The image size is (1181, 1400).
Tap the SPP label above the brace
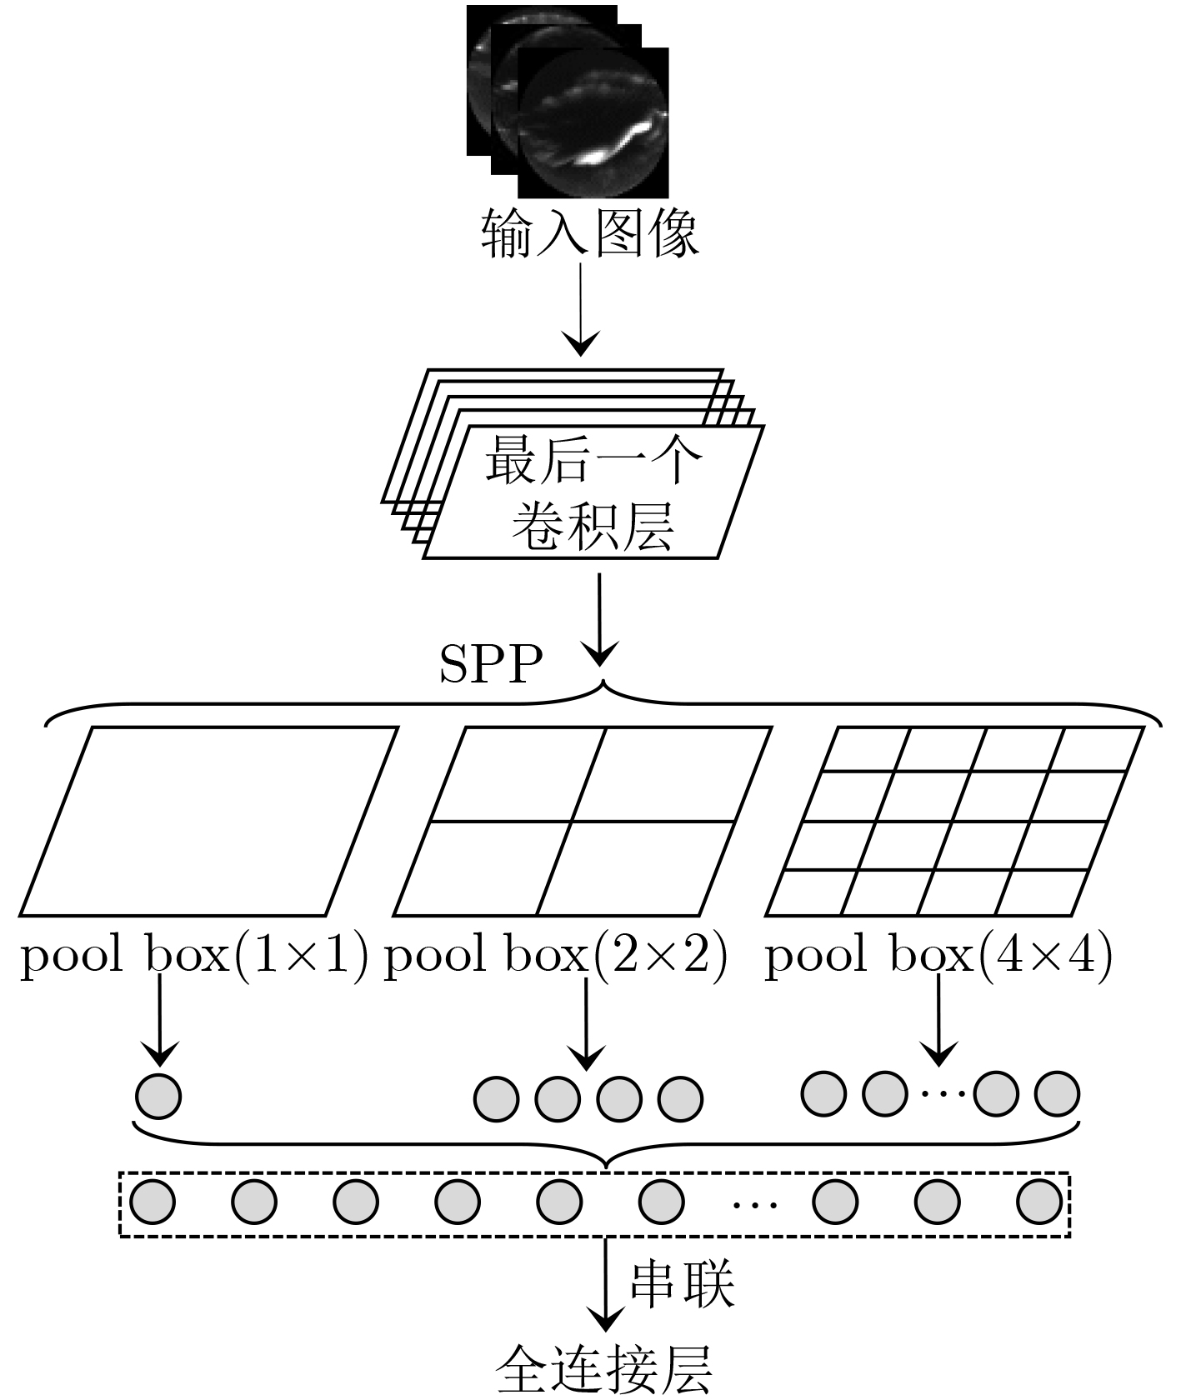tap(491, 664)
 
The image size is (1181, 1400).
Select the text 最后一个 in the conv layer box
tap(593, 460)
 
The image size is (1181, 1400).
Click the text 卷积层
tap(593, 525)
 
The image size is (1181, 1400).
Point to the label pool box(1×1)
tap(194, 955)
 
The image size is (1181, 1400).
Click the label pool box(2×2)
tap(556, 955)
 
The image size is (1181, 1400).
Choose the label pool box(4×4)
tap(938, 955)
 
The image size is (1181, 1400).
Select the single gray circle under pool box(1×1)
tap(158, 1096)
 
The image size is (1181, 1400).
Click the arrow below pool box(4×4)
tap(939, 1020)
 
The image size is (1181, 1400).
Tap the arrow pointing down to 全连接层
tap(606, 1283)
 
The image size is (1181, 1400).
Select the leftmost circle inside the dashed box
tap(153, 1202)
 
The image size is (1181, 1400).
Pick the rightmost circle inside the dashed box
tap(1039, 1202)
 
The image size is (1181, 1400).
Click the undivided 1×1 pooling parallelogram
tap(208, 822)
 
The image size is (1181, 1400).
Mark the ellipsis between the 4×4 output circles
tap(941, 1093)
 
